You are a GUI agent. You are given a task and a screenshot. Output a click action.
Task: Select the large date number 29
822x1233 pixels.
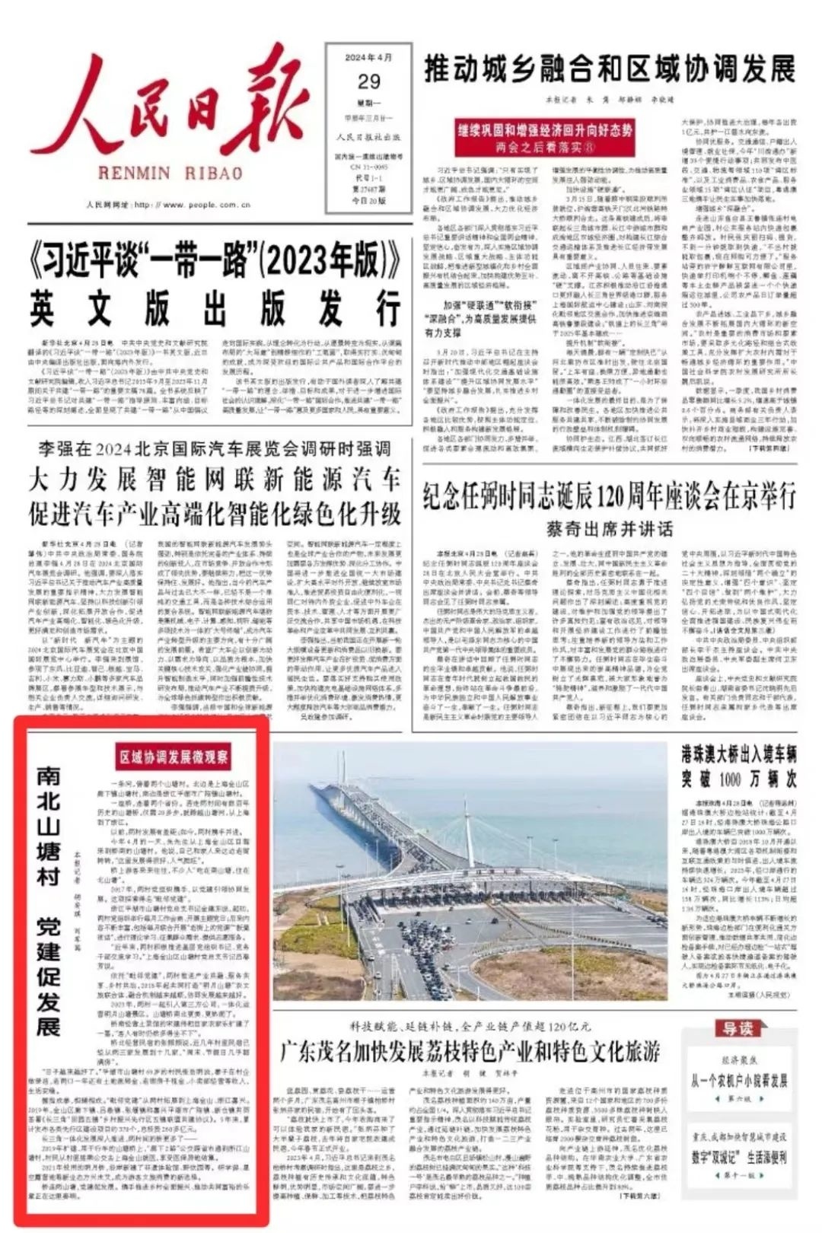368,81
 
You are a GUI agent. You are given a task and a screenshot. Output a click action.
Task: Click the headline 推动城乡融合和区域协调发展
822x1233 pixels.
609,69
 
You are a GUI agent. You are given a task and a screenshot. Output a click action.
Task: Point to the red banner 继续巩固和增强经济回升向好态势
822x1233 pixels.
544,131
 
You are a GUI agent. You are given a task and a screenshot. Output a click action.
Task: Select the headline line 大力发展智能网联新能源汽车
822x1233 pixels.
215,480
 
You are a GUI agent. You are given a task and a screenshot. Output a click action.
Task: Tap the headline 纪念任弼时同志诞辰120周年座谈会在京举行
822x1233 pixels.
609,497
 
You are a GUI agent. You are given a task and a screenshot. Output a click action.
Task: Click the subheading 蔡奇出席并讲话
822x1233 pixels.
609,528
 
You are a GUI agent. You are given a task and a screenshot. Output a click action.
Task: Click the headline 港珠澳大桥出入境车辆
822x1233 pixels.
738,756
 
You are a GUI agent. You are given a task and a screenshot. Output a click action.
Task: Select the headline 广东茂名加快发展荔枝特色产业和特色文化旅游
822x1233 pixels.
470,1053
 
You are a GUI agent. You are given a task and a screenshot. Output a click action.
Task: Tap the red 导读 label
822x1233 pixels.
737,1029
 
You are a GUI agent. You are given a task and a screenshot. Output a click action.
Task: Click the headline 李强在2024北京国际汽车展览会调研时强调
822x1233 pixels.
215,448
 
